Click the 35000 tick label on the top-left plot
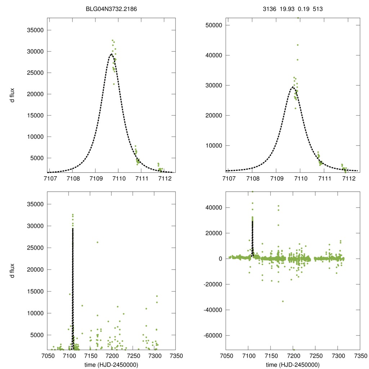(36, 30)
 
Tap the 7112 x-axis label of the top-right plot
(348, 178)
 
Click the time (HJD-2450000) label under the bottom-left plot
(111, 364)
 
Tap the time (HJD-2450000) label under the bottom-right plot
(293, 364)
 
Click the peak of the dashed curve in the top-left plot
(111, 54)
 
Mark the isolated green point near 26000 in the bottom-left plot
(97, 242)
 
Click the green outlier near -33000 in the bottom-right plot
(283, 301)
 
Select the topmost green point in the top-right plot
(298, 18)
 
